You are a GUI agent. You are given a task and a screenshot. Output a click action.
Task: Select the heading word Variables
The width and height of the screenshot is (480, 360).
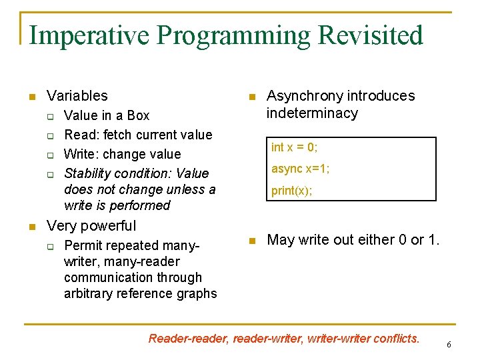pos(77,96)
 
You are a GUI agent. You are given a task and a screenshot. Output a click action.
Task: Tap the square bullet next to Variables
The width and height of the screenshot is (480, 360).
pos(31,97)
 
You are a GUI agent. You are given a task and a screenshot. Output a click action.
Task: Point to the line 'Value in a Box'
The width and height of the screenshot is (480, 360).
pos(107,115)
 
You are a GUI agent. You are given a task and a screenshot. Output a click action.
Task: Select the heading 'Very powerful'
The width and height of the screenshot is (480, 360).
pos(91,226)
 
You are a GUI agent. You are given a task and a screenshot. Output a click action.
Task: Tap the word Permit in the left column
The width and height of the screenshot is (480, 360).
pos(83,245)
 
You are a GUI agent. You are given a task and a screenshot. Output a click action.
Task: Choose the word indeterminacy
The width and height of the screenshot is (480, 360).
pos(312,113)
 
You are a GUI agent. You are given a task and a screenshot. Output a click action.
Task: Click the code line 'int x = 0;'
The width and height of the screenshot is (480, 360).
pos(295,147)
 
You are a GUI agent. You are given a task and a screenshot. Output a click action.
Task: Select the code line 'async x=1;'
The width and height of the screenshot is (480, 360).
pos(300,169)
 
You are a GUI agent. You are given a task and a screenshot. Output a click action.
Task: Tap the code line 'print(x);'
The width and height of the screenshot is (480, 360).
pos(291,191)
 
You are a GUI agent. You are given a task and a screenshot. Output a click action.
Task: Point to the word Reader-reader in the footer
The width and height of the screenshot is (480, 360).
pos(188,339)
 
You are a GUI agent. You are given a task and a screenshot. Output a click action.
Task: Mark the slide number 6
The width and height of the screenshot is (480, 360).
pos(449,345)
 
